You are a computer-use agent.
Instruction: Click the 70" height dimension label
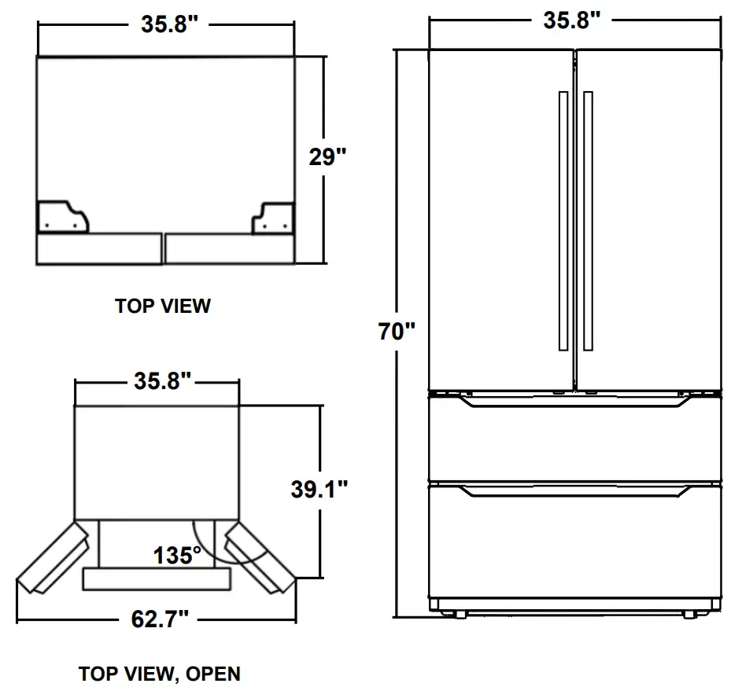pos(396,331)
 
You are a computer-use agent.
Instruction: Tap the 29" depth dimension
pos(327,158)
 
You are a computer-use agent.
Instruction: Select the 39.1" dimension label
pos(319,490)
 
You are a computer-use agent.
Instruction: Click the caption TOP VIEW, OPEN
pos(160,674)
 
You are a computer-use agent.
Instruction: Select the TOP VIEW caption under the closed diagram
pos(163,306)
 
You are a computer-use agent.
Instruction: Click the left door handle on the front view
pos(563,221)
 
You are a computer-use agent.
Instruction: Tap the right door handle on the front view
pos(588,221)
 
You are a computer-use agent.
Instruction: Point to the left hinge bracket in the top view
pos(63,218)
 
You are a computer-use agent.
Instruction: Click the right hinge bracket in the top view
pos(272,219)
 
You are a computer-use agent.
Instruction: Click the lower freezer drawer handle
pos(574,492)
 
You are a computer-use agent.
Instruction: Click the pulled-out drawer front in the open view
pos(158,579)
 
